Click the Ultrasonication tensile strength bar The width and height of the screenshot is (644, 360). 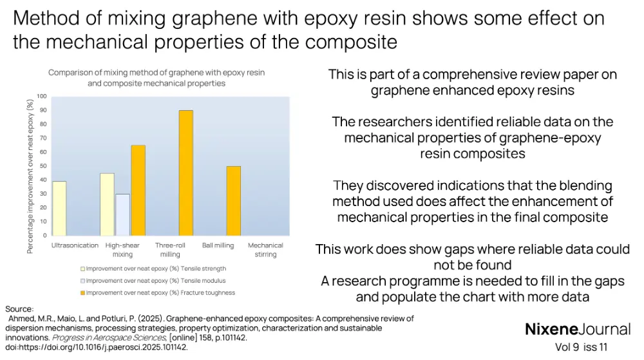pos(59,208)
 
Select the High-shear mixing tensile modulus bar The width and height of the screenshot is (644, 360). pos(122,214)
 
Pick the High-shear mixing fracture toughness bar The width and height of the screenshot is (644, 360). pos(138,190)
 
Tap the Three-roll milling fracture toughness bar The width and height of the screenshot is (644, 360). pos(185,173)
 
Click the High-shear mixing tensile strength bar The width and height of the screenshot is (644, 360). pos(107,204)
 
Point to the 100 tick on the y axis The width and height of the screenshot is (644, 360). pos(42,97)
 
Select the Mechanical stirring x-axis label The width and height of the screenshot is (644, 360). pos(265,250)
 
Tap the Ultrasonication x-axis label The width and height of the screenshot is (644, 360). pos(75,245)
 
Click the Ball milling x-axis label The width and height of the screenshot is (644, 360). pos(216,245)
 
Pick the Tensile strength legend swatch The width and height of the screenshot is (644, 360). pos(82,269)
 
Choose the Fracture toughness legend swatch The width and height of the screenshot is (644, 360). pos(82,292)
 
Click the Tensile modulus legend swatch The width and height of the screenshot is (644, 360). pos(82,281)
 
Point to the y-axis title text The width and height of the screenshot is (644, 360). pos(30,176)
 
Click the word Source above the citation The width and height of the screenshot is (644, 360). pos(19,309)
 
